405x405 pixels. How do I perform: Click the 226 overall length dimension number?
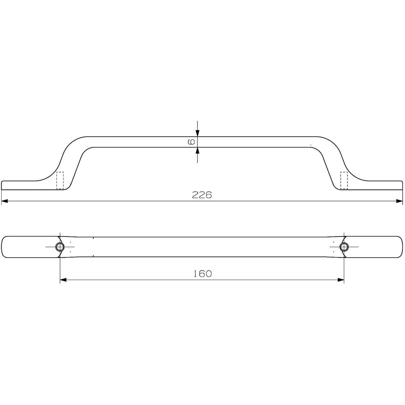[x=202, y=195]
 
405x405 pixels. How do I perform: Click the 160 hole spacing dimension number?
[x=202, y=274]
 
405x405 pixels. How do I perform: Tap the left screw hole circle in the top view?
[x=60, y=247]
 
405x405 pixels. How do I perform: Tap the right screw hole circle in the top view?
[x=344, y=247]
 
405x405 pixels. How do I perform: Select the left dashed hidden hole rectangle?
[x=60, y=180]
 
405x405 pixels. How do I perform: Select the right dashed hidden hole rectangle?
[x=344, y=180]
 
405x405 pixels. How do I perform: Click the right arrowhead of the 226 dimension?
[x=400, y=200]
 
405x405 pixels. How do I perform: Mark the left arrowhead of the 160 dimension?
[x=63, y=279]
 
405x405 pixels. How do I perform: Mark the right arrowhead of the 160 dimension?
[x=341, y=279]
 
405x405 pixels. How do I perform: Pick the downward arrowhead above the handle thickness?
[x=197, y=133]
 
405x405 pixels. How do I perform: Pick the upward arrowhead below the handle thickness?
[x=197, y=150]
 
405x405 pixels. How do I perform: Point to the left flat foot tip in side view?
[x=3, y=185]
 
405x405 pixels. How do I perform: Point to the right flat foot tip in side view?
[x=401, y=185]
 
